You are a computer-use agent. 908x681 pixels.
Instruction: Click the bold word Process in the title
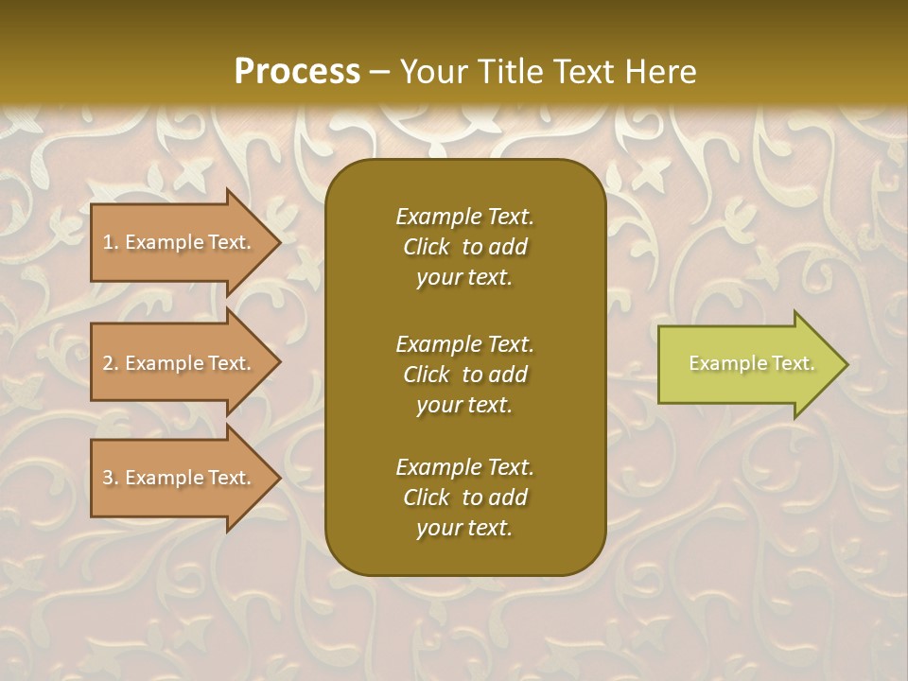(x=297, y=71)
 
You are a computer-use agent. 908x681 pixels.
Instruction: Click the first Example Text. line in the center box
(x=464, y=217)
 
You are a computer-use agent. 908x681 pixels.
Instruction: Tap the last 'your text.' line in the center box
(x=464, y=529)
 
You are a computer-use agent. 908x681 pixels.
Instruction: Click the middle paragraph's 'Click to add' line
(x=464, y=375)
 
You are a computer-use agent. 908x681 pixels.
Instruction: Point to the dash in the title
(x=380, y=72)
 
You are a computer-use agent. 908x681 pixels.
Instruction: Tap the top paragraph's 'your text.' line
(x=464, y=278)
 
